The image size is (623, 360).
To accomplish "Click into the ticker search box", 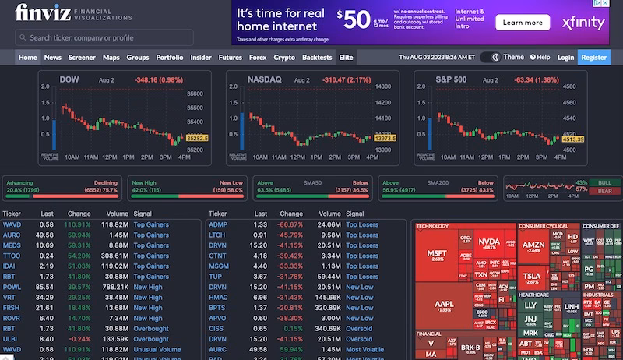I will click(104, 37).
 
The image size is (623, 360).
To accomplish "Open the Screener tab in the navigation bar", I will click(82, 57).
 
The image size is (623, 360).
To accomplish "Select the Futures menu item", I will click(230, 57).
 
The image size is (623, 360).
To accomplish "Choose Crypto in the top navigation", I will click(284, 57).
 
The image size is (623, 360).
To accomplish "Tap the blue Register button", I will click(594, 57).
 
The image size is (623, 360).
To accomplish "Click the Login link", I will click(565, 57).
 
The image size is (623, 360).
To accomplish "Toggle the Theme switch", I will click(490, 57).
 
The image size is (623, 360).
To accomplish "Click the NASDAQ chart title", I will click(263, 79).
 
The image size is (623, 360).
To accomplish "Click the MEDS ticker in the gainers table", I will click(12, 245).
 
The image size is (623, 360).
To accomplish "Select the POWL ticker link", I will click(12, 287).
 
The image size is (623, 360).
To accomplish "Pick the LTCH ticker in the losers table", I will click(218, 235).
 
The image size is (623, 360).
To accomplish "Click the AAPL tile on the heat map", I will click(443, 306).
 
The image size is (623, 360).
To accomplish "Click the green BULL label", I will click(604, 182).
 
